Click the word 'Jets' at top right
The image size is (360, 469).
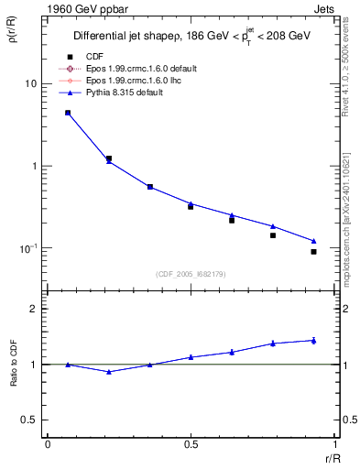[323, 7]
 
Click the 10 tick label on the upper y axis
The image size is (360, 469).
[29, 83]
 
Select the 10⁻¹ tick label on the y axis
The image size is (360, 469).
[27, 248]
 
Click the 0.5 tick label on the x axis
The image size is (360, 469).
[191, 444]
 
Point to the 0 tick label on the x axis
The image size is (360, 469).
[47, 444]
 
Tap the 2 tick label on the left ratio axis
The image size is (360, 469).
[34, 309]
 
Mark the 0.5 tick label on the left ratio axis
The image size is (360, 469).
[29, 420]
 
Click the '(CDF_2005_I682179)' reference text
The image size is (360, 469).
[190, 274]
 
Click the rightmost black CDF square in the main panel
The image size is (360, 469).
[313, 252]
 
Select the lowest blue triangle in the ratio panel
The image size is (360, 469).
[110, 371]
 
